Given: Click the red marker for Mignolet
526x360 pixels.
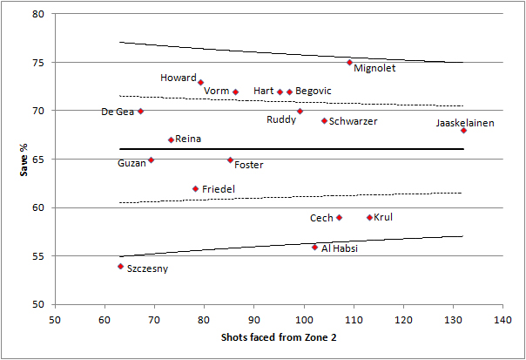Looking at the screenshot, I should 349,63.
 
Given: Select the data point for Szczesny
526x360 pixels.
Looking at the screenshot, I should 120,266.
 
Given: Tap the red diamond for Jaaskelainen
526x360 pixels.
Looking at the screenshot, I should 463,131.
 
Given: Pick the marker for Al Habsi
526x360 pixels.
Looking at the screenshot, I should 314,247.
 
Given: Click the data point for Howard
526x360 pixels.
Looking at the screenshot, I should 200,82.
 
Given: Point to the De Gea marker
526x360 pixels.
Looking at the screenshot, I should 140,111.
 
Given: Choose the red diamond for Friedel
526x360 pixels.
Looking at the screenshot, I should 195,188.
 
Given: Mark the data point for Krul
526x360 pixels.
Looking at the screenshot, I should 369,217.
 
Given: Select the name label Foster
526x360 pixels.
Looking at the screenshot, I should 249,165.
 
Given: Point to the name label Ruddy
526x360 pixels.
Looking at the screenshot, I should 281,119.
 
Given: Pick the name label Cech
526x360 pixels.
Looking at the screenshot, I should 321,218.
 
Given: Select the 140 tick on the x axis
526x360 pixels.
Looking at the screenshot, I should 502,320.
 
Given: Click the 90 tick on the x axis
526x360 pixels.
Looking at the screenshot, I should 254,320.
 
